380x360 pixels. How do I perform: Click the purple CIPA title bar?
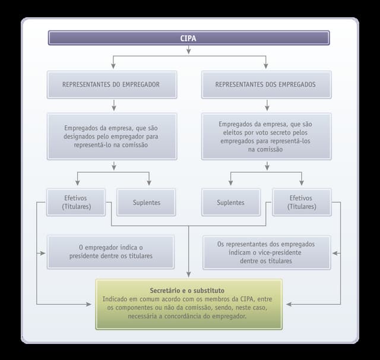[189, 38]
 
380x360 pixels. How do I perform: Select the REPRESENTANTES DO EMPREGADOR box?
[112, 84]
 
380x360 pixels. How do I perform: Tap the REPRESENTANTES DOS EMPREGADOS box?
[265, 84]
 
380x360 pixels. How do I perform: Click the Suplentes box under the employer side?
[146, 203]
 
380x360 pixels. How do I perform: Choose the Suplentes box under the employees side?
[230, 203]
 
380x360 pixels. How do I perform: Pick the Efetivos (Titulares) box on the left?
[76, 203]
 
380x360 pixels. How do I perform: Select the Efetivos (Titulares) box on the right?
[301, 203]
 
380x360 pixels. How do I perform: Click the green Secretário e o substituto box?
[189, 304]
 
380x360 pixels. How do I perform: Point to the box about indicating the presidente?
[110, 251]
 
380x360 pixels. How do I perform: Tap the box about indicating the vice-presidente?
[265, 252]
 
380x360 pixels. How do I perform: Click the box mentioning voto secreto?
[265, 137]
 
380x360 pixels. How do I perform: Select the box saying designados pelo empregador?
[112, 136]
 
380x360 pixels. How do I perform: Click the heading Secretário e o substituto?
[189, 290]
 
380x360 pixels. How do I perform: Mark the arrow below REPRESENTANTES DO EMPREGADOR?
[113, 106]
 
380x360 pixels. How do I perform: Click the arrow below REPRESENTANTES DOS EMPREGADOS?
[267, 106]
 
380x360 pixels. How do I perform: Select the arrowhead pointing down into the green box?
[189, 274]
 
